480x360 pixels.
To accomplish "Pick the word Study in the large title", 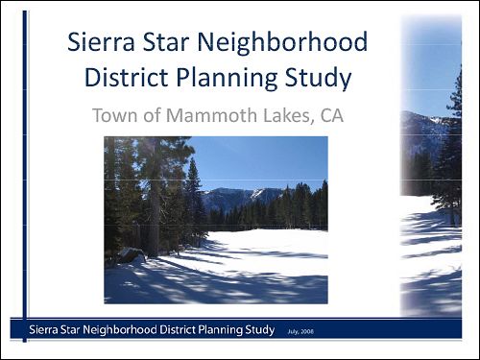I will click(x=319, y=77).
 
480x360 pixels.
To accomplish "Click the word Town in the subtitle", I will click(x=114, y=116).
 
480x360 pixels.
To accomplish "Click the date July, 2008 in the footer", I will click(x=300, y=331).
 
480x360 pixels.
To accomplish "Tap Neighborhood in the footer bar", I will click(x=129, y=330).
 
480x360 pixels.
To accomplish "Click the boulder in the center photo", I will click(x=129, y=255).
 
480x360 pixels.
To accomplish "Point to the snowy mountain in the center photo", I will click(x=235, y=197).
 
